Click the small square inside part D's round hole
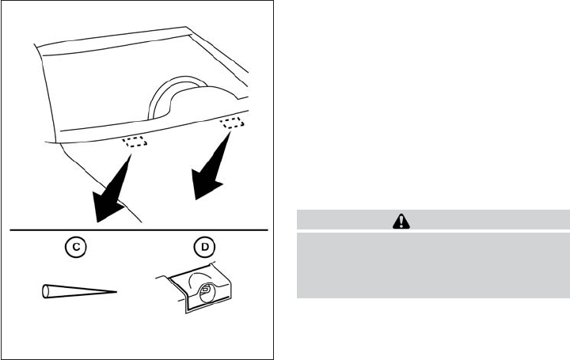[205, 291]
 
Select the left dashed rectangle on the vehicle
[133, 141]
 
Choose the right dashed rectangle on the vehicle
[232, 122]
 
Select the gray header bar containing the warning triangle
[433, 220]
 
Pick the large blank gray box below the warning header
[433, 264]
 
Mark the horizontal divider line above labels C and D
[139, 230]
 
